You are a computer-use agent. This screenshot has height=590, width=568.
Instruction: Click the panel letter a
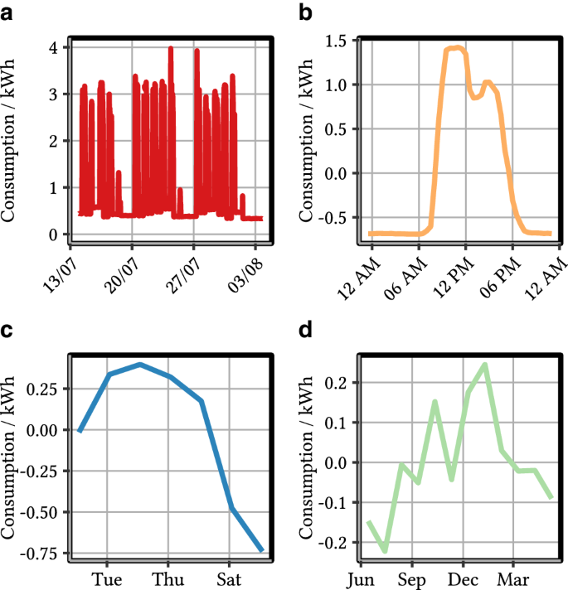click(7, 14)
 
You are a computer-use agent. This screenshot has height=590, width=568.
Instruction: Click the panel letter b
click(304, 14)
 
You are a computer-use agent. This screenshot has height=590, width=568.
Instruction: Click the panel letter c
click(7, 331)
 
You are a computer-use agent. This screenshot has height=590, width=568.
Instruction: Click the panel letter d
click(304, 331)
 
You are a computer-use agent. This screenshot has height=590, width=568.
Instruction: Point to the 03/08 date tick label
click(247, 272)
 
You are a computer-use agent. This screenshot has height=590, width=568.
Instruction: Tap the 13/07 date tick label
click(61, 272)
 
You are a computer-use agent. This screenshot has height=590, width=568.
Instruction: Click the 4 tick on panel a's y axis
click(53, 48)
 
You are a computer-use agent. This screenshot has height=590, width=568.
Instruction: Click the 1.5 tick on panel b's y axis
click(333, 41)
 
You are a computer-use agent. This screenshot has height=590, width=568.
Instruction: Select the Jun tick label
click(362, 578)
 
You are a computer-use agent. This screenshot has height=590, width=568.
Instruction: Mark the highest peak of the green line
click(485, 365)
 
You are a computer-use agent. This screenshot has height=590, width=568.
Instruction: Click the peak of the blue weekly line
click(140, 364)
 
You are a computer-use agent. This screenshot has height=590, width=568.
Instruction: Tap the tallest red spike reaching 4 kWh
click(171, 48)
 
